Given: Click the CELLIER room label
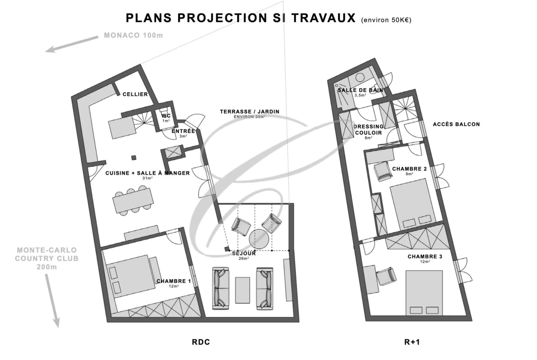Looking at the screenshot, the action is (x=135, y=94).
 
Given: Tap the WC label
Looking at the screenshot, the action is (x=166, y=116).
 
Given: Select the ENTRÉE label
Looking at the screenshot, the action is (x=183, y=131).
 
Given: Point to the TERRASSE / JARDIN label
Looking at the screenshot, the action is (x=250, y=111).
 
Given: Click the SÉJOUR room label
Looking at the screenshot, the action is (x=244, y=253).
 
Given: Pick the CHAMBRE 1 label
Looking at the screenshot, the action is (x=173, y=281).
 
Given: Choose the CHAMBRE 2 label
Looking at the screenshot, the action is (x=409, y=169).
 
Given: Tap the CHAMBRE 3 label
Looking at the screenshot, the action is (x=425, y=256).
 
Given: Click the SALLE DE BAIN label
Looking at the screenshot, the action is (x=360, y=90).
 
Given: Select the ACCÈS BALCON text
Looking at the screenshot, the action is (x=456, y=124).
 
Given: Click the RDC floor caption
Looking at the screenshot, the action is (x=201, y=342).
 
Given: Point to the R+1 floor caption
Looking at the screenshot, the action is (x=412, y=342).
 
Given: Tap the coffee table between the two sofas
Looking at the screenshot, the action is (x=242, y=290).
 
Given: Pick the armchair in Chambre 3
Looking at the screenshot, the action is (x=386, y=276).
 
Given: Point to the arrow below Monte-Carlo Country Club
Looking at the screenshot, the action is (x=52, y=300).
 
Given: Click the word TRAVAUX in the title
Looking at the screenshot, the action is (x=324, y=18).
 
